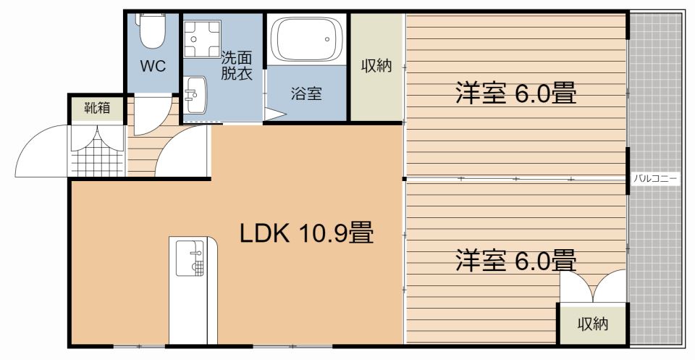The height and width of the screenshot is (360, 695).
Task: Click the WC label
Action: click(x=153, y=67)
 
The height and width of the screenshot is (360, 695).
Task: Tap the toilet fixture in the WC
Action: click(x=152, y=29)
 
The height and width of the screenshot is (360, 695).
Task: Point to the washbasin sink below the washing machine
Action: click(x=194, y=95)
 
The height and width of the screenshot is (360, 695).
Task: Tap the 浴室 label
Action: click(x=306, y=93)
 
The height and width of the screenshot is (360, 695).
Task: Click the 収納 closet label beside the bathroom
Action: click(x=376, y=66)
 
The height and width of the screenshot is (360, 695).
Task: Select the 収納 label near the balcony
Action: click(x=592, y=325)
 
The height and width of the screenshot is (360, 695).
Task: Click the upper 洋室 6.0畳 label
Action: click(x=515, y=93)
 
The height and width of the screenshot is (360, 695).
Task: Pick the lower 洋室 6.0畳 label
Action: click(x=515, y=259)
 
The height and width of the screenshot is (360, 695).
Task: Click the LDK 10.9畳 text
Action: click(x=306, y=233)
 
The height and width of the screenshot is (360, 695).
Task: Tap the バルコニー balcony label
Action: click(x=654, y=177)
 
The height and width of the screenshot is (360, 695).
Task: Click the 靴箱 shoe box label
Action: click(x=96, y=109)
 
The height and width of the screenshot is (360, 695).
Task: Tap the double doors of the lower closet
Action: click(x=593, y=287)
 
